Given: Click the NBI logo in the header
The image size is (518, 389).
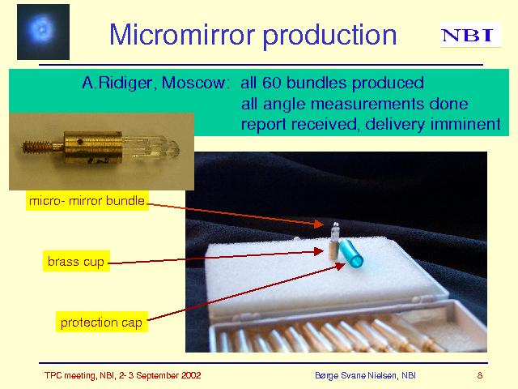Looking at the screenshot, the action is pyautogui.click(x=470, y=35).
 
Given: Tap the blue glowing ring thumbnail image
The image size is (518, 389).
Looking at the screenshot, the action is pyautogui.click(x=43, y=32).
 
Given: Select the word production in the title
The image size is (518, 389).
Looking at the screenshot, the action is pyautogui.click(x=329, y=36).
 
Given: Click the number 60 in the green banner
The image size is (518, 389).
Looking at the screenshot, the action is pyautogui.click(x=272, y=83).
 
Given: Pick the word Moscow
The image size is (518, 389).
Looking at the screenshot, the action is pyautogui.click(x=195, y=83).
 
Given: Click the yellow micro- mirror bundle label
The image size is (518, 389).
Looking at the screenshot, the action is pyautogui.click(x=87, y=201).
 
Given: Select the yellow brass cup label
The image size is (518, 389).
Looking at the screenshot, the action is pyautogui.click(x=76, y=261).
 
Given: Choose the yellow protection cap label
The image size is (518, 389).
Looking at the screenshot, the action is pyautogui.click(x=101, y=322).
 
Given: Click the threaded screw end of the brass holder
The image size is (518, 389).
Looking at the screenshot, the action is pyautogui.click(x=37, y=147).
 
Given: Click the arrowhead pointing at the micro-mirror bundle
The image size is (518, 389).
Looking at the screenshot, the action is pyautogui.click(x=318, y=224).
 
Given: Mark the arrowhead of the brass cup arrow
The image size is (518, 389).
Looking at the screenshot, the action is pyautogui.click(x=318, y=251).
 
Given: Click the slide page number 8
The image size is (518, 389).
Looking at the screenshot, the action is pyautogui.click(x=480, y=375).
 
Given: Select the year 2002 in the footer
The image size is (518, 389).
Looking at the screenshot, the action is pyautogui.click(x=191, y=375).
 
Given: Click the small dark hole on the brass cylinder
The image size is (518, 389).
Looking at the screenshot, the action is pyautogui.click(x=80, y=142).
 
